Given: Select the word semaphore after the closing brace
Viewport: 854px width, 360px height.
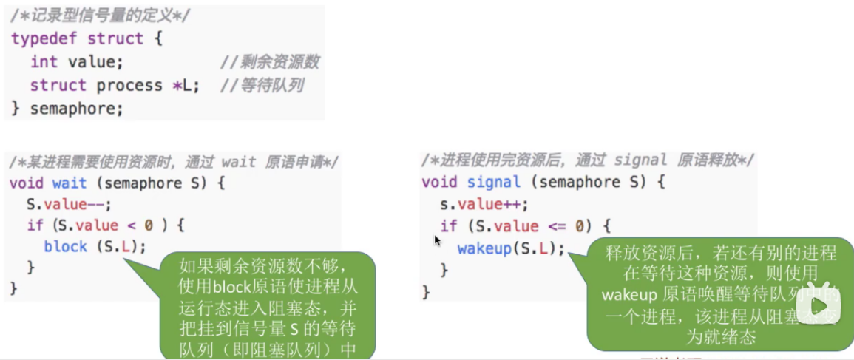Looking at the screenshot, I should pyautogui.click(x=76, y=109).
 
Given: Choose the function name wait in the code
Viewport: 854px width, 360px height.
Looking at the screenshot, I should pyautogui.click(x=70, y=183).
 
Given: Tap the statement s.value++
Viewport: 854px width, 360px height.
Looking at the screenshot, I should pyautogui.click(x=484, y=204).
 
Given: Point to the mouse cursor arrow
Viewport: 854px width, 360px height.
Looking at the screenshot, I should pyautogui.click(x=437, y=240).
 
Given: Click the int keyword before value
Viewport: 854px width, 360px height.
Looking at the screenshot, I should pyautogui.click(x=44, y=62).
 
